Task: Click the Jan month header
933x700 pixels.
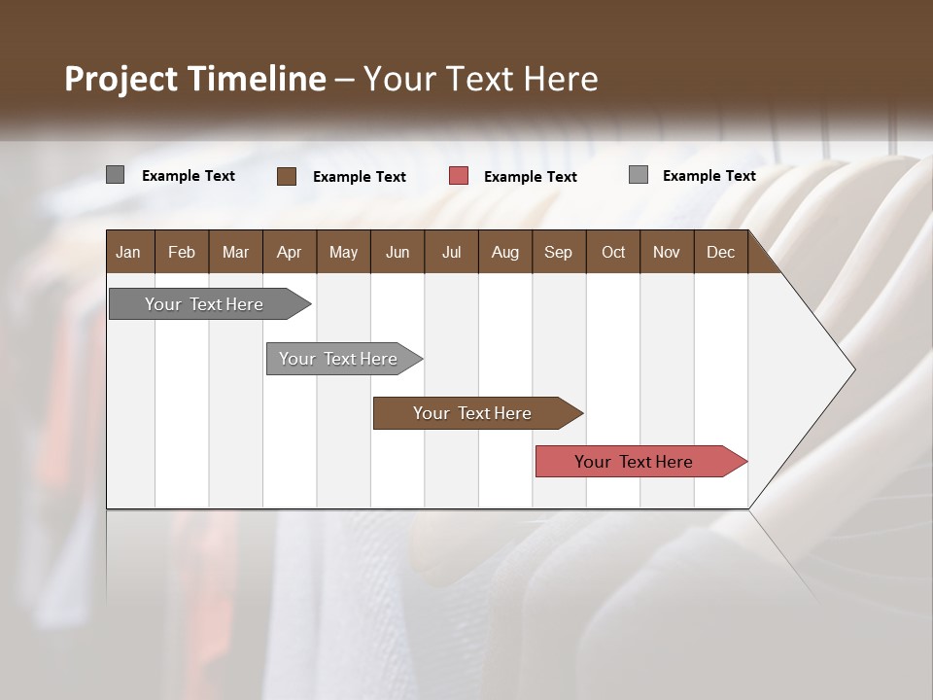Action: point(128,252)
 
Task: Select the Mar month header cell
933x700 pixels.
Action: point(235,252)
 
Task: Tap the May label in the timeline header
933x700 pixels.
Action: point(343,252)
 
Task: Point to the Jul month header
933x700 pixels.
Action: point(451,252)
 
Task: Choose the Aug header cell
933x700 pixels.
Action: point(504,252)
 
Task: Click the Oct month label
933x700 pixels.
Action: point(613,252)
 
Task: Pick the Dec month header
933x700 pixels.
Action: point(720,252)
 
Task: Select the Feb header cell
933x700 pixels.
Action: point(182,252)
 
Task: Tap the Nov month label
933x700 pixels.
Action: point(667,252)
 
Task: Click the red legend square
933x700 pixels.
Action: point(459,176)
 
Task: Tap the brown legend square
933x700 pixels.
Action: point(287,176)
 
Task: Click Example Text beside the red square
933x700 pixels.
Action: point(530,177)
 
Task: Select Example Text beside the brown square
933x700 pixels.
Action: point(359,177)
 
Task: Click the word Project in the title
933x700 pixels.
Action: point(121,79)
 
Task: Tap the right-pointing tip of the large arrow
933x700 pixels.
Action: point(853,369)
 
